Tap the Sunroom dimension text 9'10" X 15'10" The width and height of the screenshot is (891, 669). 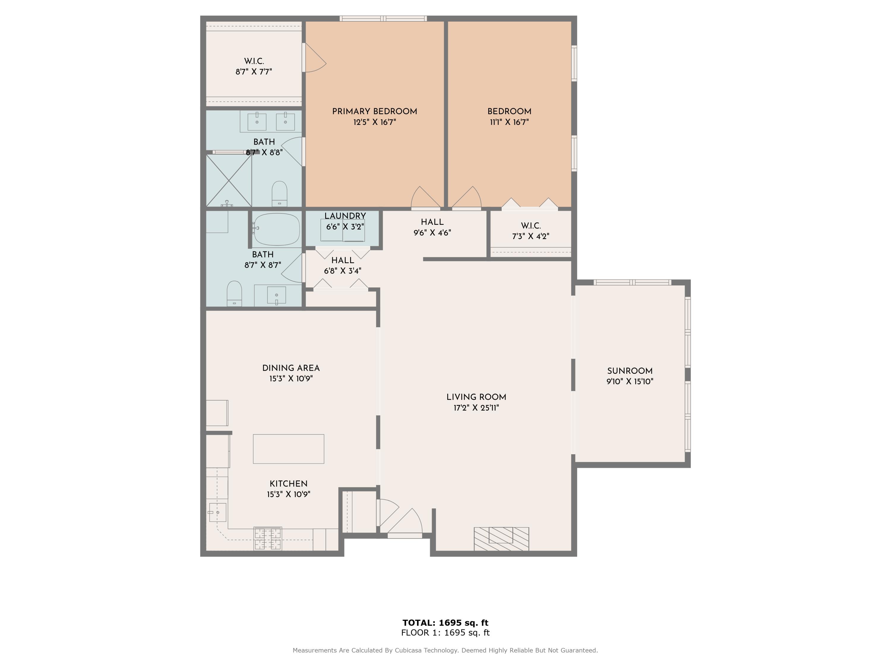(630, 381)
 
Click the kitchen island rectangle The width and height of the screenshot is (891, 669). (288, 448)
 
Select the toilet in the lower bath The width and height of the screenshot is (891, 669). (234, 293)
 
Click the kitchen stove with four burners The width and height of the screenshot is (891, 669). (268, 539)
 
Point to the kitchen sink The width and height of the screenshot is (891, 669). (217, 512)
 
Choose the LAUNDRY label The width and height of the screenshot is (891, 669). (345, 216)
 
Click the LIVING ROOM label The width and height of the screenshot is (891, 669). (476, 397)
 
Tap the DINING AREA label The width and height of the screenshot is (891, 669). (291, 368)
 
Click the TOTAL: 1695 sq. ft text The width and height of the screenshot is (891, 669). (445, 623)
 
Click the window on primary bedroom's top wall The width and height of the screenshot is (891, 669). (383, 18)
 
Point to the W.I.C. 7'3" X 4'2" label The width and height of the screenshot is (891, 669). (530, 231)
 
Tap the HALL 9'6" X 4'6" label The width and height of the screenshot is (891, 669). (432, 227)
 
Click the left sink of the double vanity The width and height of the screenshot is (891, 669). (257, 121)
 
